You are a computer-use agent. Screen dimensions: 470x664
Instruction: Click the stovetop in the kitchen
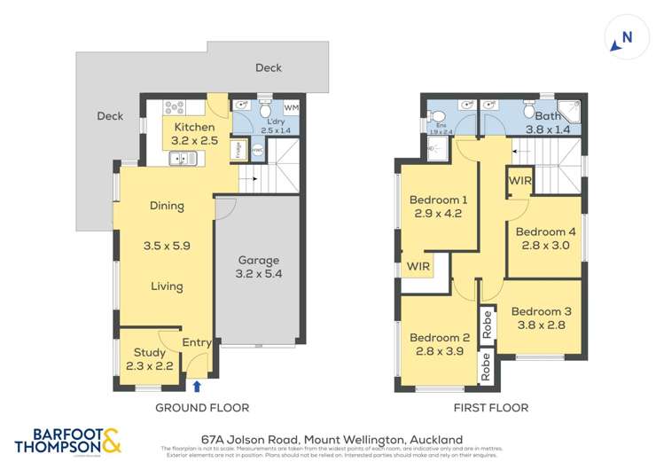click(174, 108)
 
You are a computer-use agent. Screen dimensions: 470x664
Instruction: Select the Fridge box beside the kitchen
click(238, 150)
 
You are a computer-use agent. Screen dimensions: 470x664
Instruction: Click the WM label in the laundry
click(291, 108)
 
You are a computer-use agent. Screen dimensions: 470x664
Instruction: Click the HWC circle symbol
click(257, 151)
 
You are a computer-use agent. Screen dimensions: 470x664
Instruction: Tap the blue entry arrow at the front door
click(196, 386)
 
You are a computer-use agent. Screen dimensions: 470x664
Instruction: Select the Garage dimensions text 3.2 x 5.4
click(258, 275)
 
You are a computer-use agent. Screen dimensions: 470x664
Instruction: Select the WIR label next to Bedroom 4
click(519, 181)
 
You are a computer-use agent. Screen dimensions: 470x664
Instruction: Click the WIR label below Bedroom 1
click(418, 266)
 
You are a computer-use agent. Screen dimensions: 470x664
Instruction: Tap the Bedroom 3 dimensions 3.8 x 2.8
click(541, 325)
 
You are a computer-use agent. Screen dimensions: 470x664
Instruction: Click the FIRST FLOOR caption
click(490, 408)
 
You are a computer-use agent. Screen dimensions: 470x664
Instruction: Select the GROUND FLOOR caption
click(202, 408)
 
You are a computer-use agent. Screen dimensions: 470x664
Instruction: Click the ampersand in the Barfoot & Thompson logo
click(113, 440)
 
